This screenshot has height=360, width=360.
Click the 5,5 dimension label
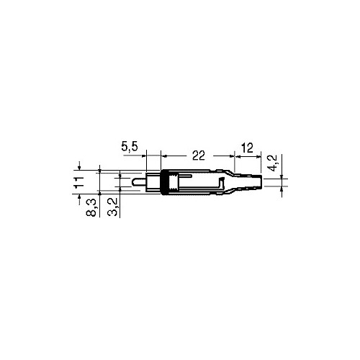pyautogui.click(x=130, y=146)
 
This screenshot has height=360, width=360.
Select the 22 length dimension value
pyautogui.click(x=199, y=156)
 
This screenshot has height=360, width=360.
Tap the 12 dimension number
pyautogui.click(x=247, y=148)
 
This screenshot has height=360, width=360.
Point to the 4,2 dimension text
pyautogui.click(x=273, y=163)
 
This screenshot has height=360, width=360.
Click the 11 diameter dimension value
pyautogui.click(x=79, y=181)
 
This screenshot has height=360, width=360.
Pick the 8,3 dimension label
pyautogui.click(x=91, y=208)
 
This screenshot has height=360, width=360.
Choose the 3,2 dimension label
pyautogui.click(x=113, y=207)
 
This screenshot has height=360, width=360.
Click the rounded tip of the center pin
pyautogui.click(x=132, y=182)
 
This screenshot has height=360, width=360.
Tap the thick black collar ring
pyautogui.click(x=163, y=182)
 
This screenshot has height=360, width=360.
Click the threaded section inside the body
pyautogui.click(x=173, y=182)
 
